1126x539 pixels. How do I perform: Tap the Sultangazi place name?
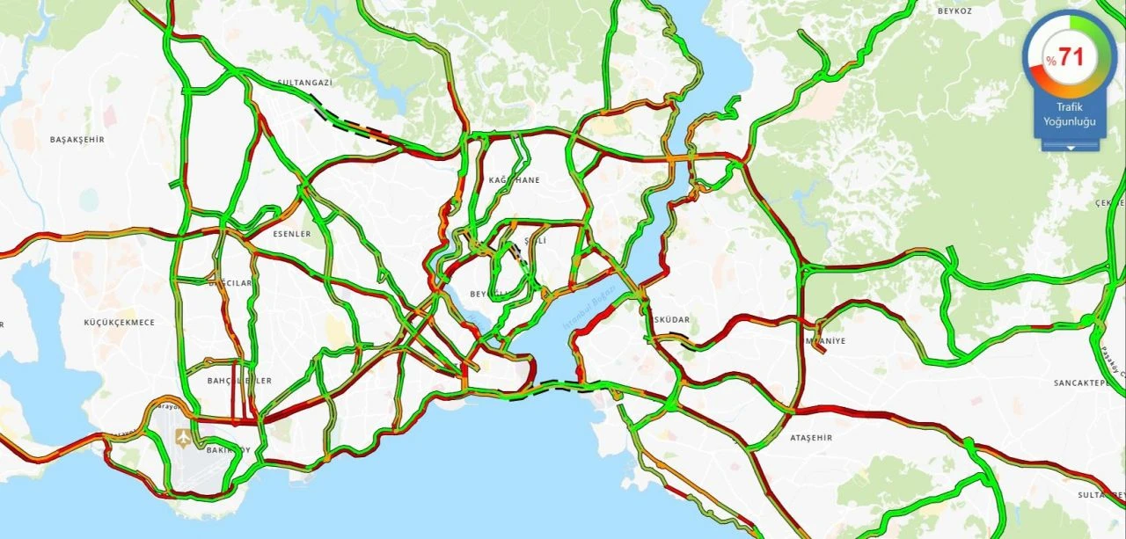point(304,83)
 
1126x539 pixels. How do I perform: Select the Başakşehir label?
point(77,140)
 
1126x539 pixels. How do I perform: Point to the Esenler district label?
point(292,234)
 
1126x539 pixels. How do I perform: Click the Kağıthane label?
point(515,180)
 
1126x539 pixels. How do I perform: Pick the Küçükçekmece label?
point(119,323)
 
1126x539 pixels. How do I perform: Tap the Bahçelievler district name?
point(239,381)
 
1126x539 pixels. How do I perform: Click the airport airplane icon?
point(183,437)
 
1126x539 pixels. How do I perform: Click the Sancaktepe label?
point(1086,383)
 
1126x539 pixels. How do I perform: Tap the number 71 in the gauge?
point(1071,58)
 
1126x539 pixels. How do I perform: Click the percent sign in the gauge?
point(1050,60)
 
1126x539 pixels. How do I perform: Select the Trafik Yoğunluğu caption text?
point(1070,114)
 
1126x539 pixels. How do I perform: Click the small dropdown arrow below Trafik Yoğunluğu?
point(1070,148)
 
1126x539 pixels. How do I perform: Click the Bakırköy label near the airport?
point(227,450)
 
